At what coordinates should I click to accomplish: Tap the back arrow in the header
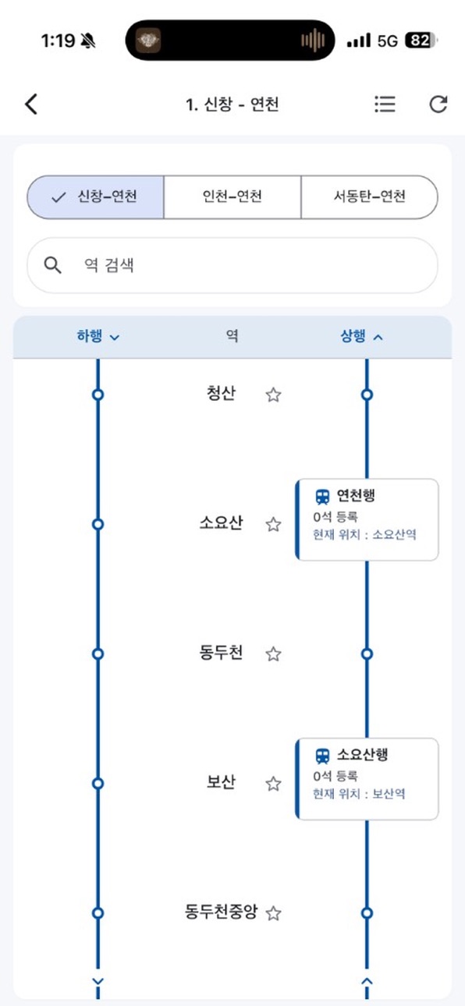click(x=31, y=104)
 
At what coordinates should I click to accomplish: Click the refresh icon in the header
click(x=438, y=104)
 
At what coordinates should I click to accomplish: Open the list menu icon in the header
click(x=385, y=104)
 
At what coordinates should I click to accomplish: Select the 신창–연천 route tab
click(x=96, y=197)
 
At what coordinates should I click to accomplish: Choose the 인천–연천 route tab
click(x=232, y=197)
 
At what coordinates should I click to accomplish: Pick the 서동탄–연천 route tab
click(x=369, y=197)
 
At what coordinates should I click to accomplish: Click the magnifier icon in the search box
click(x=52, y=265)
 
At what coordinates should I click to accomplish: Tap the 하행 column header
click(x=98, y=336)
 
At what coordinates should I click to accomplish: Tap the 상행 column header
click(x=361, y=336)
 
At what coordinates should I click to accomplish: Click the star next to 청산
click(x=273, y=395)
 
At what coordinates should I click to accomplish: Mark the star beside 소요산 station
click(x=273, y=524)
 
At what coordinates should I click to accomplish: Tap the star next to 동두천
click(x=273, y=654)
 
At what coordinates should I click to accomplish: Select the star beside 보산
click(x=273, y=784)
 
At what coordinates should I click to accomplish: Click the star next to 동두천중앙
click(x=273, y=913)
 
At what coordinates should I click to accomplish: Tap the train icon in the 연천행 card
click(x=322, y=497)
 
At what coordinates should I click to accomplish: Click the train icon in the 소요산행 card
click(x=322, y=756)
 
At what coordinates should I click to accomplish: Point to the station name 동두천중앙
click(x=221, y=912)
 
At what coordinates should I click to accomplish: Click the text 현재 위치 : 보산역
click(x=359, y=794)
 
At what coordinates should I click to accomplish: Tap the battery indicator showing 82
click(x=421, y=41)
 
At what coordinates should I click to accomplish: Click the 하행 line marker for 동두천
click(x=98, y=654)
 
